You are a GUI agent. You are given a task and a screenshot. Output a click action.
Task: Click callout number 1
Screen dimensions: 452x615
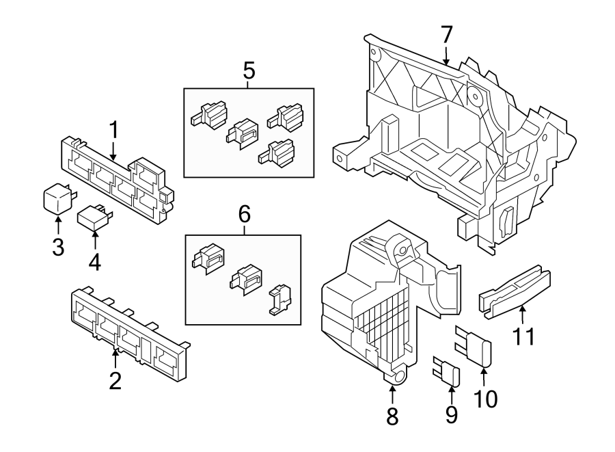[114, 129]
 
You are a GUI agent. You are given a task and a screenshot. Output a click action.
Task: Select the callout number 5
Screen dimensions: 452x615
[249, 70]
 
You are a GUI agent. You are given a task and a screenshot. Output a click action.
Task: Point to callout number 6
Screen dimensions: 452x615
[244, 215]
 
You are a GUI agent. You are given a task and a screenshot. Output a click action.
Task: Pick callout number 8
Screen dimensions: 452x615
[392, 416]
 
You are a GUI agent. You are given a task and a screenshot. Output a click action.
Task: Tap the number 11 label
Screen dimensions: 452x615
[523, 336]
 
